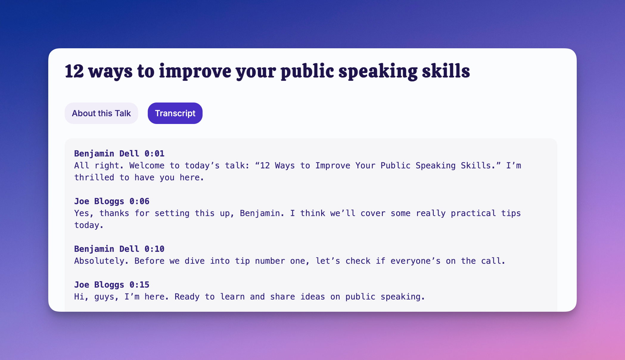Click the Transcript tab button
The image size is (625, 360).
pyautogui.click(x=175, y=113)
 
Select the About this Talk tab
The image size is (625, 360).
pyautogui.click(x=101, y=113)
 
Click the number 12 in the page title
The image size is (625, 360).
pyautogui.click(x=74, y=71)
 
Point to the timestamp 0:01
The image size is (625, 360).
pyautogui.click(x=154, y=153)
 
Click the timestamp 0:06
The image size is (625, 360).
pyautogui.click(x=139, y=201)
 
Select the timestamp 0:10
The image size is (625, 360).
pyautogui.click(x=154, y=249)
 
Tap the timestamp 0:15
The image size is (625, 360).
pyautogui.click(x=139, y=285)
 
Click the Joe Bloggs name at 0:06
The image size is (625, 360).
pyautogui.click(x=99, y=201)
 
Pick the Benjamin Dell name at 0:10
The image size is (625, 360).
pyautogui.click(x=107, y=249)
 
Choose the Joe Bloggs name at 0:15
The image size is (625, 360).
pyautogui.click(x=99, y=285)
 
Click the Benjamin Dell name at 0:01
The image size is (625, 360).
pyautogui.click(x=107, y=154)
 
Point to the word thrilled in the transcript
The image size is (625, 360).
pyautogui.click(x=94, y=177)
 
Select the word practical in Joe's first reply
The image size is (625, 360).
pyautogui.click(x=473, y=213)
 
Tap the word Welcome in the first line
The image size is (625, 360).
pyautogui.click(x=147, y=165)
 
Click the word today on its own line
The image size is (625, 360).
pyautogui.click(x=89, y=225)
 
